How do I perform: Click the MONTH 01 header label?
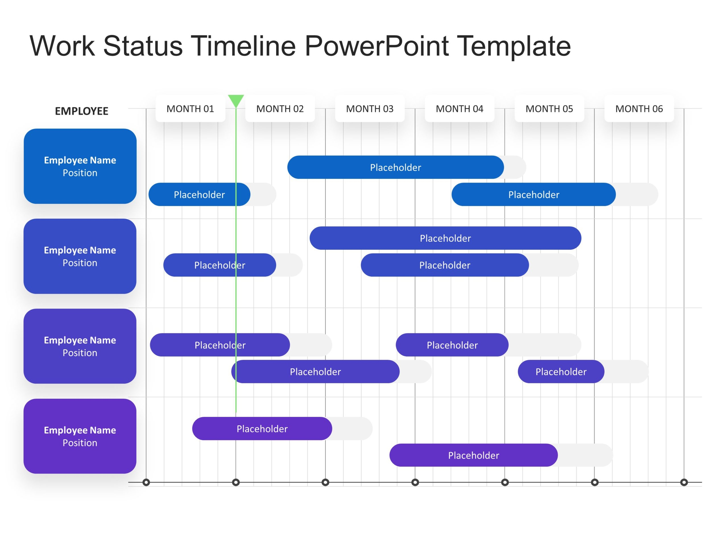[x=190, y=109]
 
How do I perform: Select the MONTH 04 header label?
[x=460, y=109]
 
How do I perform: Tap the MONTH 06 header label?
[x=639, y=109]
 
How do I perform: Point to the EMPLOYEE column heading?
[x=81, y=111]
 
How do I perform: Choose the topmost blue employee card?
[x=80, y=166]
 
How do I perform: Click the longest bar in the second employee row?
[x=445, y=238]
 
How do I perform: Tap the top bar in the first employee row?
[x=395, y=167]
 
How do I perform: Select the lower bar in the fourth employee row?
[x=473, y=455]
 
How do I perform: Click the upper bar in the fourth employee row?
[x=262, y=429]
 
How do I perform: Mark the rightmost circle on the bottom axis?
[x=684, y=483]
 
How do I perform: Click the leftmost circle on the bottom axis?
[x=146, y=483]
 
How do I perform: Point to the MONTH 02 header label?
[x=280, y=109]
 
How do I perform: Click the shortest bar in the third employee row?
[x=561, y=372]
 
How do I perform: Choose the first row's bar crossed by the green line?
[x=199, y=195]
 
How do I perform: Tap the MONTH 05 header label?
[x=549, y=109]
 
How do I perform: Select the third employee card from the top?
[x=80, y=346]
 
